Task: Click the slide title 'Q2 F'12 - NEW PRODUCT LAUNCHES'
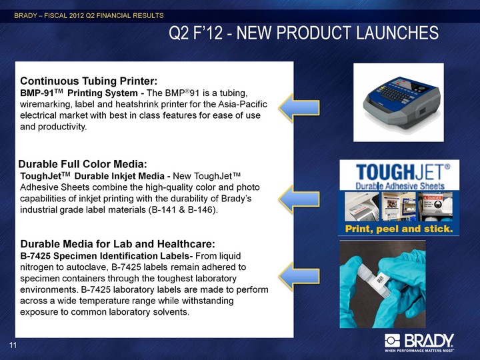303,33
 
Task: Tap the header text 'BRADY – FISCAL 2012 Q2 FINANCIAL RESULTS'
89,15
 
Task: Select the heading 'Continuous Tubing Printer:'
89,81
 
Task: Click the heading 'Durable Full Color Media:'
83,164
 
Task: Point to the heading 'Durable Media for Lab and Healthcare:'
118,244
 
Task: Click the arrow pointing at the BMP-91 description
299,108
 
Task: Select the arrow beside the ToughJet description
299,199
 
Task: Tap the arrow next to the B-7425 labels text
299,277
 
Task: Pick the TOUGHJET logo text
403,172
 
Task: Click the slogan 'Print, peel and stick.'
399,229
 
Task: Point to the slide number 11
13,345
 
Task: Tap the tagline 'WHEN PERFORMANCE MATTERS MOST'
419,350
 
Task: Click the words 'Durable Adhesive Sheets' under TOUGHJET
400,185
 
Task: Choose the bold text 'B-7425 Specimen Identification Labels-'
107,256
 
